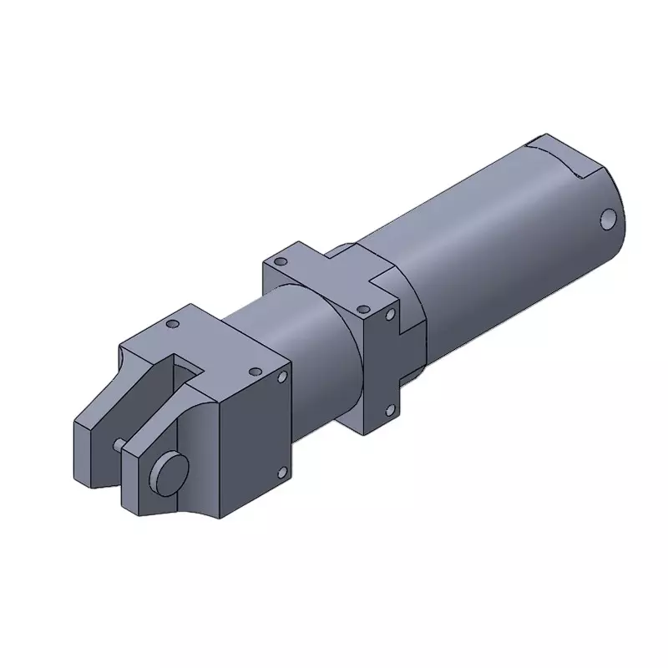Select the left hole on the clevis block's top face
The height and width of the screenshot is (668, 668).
click(173, 323)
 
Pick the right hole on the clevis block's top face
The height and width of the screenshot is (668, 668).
click(252, 371)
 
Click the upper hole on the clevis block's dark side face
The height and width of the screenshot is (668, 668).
click(282, 378)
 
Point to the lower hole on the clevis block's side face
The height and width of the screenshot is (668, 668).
click(281, 473)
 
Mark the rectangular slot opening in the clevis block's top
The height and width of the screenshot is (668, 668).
click(187, 367)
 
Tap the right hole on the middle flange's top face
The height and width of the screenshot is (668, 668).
click(362, 306)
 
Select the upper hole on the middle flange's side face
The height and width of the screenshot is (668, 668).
click(389, 315)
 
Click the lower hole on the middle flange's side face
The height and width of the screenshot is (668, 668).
click(389, 408)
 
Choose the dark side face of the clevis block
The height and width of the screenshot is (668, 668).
click(250, 443)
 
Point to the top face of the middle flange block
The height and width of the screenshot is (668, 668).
click(321, 280)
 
